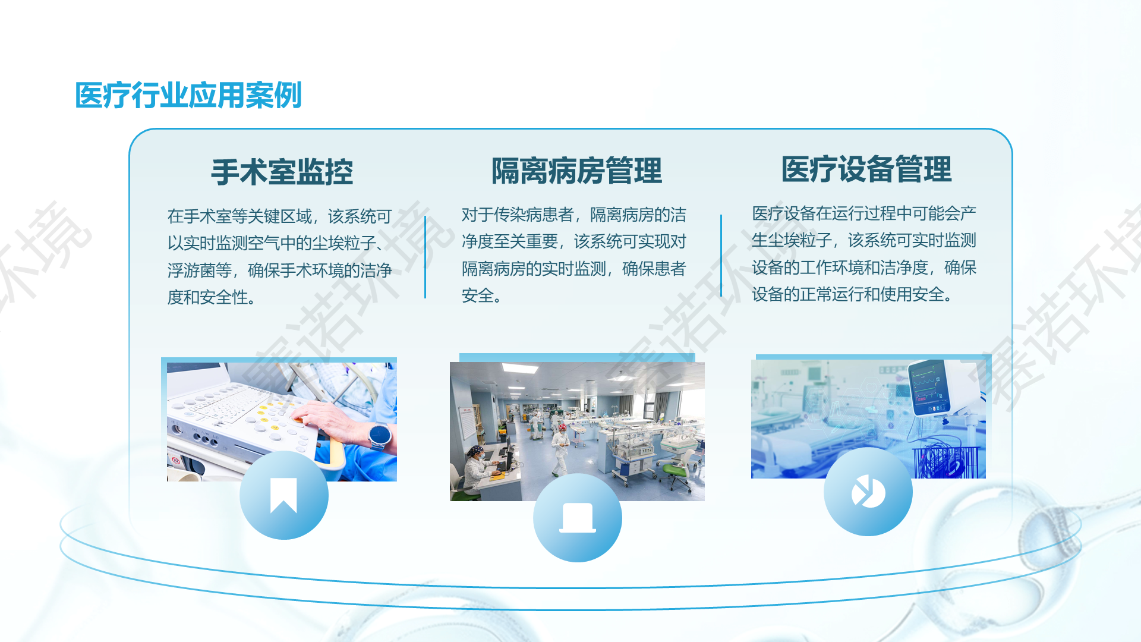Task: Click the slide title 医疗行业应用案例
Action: [188, 95]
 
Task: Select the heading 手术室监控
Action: [282, 172]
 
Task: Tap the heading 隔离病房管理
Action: [576, 171]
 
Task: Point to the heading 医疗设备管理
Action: [866, 169]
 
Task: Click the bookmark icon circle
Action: [284, 495]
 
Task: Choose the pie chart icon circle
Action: [868, 492]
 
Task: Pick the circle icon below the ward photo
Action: [578, 518]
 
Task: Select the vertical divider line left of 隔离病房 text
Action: [425, 257]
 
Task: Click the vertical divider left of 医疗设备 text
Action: [721, 256]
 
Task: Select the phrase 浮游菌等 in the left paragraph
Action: [200, 270]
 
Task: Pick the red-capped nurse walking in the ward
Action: [560, 449]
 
